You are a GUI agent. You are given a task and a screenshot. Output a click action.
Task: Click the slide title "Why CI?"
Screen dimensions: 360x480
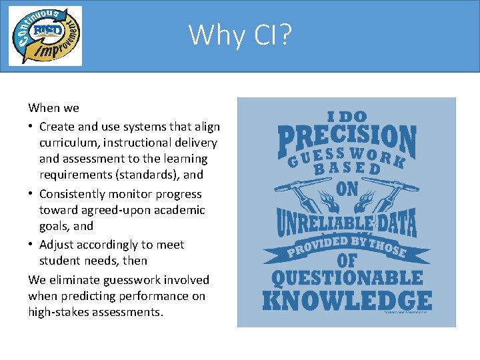[x=240, y=35]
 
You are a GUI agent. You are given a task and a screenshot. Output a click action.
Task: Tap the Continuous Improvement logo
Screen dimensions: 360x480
[x=45, y=35]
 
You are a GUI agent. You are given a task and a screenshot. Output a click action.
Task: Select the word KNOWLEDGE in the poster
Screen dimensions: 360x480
[x=347, y=299]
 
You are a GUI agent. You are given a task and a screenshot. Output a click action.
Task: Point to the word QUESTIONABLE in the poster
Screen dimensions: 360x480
[x=347, y=277]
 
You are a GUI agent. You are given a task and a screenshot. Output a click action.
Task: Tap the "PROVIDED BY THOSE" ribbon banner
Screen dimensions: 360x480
[x=347, y=248]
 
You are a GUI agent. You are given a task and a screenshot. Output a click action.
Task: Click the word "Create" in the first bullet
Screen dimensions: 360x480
[x=57, y=127]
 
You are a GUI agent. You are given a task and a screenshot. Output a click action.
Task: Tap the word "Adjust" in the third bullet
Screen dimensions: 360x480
[x=57, y=245]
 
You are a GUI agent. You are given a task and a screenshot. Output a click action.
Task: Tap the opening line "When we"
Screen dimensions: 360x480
[x=53, y=108]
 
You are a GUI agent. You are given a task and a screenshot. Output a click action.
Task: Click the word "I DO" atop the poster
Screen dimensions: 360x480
[x=347, y=116]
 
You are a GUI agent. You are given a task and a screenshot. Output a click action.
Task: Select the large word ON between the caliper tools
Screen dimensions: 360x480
[x=347, y=189]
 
